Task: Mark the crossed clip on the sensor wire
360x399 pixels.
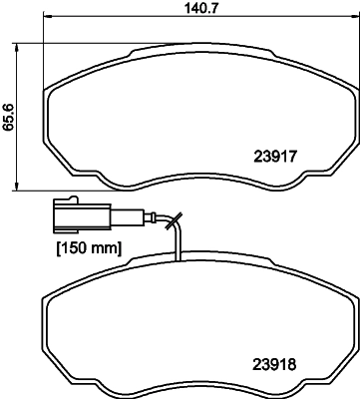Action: [176, 224]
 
